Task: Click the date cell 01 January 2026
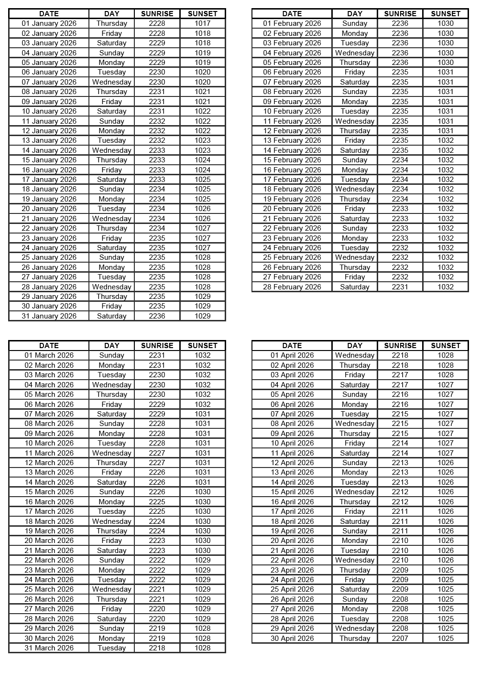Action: click(49, 23)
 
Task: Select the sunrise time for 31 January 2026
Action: click(157, 316)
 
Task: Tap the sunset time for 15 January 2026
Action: click(202, 160)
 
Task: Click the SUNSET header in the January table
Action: click(202, 14)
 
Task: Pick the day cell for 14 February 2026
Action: click(354, 150)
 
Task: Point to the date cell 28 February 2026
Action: click(292, 287)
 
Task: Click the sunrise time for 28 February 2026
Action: click(400, 287)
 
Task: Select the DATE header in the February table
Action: click(292, 14)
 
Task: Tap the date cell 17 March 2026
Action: click(49, 511)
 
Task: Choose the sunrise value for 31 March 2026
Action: click(157, 648)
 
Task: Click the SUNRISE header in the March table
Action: click(157, 346)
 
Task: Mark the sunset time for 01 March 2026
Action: click(202, 355)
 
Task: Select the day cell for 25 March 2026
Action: click(111, 589)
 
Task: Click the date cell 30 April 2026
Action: click(292, 638)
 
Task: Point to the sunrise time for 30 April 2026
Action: click(400, 638)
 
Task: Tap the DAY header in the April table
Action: click(354, 346)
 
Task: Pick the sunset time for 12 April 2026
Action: click(445, 463)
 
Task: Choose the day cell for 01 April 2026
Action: click(354, 355)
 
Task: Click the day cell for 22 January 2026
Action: click(111, 228)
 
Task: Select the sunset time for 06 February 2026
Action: click(445, 72)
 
